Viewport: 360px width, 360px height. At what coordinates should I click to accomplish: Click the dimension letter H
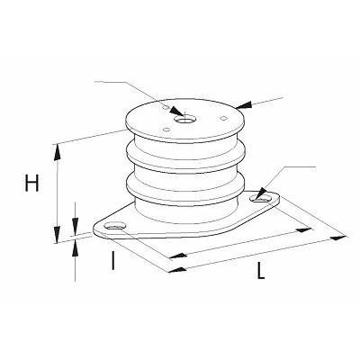[x=31, y=184]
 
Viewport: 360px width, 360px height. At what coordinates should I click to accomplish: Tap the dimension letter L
[x=261, y=271]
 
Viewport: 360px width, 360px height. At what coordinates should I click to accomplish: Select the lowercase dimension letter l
[x=112, y=260]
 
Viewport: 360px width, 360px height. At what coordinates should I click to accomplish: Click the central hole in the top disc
[x=184, y=121]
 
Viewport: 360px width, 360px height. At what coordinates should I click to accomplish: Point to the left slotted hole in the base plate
[x=114, y=227]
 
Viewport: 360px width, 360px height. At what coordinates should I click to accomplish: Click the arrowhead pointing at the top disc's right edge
[x=244, y=105]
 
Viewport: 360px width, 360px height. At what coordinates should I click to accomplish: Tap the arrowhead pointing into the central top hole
[x=176, y=111]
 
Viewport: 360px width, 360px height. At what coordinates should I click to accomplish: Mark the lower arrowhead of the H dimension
[x=57, y=235]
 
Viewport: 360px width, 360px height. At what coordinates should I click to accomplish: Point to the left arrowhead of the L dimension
[x=177, y=270]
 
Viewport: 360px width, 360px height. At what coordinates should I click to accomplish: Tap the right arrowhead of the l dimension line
[x=304, y=229]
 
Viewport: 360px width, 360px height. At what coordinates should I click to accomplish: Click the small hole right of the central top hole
[x=223, y=118]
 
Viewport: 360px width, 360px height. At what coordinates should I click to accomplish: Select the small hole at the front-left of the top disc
[x=166, y=130]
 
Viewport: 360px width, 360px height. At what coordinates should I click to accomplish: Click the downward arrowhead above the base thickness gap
[x=76, y=224]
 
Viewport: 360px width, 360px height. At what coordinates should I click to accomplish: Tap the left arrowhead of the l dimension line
[x=177, y=256]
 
